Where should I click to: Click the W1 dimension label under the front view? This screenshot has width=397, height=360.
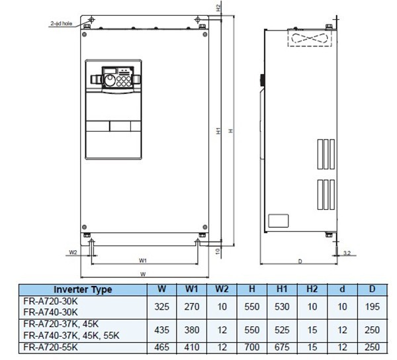143,260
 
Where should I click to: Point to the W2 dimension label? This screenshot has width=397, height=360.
73,252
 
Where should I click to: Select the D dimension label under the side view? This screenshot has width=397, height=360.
300,262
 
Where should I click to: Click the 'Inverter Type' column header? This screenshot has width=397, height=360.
82,289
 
